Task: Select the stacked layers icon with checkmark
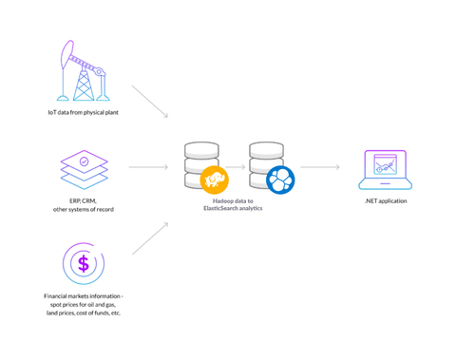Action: [84, 169]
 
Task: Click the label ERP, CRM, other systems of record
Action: [84, 205]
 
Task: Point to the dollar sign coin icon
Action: [84, 262]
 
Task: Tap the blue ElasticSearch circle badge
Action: [279, 179]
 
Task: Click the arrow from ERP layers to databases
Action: [148, 167]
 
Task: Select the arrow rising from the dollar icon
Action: [149, 237]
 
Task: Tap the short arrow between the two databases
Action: [236, 167]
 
